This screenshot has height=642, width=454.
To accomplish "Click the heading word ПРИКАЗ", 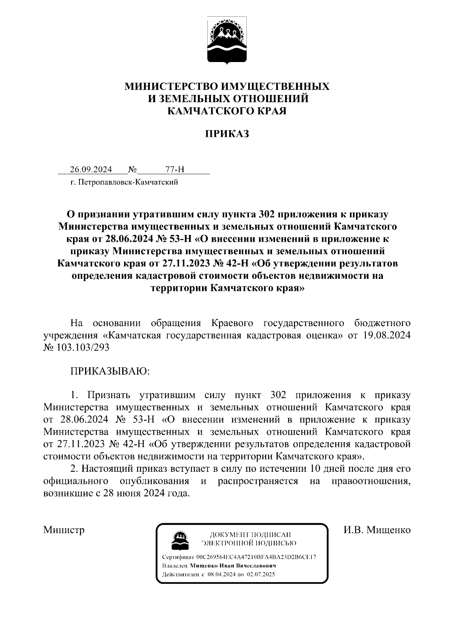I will [x=227, y=134].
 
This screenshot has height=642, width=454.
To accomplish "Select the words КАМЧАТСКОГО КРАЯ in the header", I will [x=227, y=111].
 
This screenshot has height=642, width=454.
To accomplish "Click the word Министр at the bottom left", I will [x=64, y=530].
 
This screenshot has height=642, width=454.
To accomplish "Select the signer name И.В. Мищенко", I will [x=377, y=530].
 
